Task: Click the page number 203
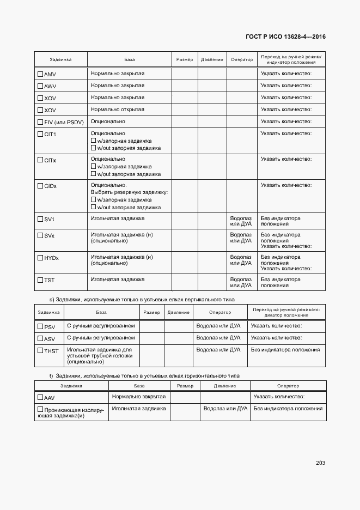coord(320,463)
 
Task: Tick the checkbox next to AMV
coord(40,74)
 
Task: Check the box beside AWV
coord(40,86)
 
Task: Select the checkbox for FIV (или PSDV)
coord(40,122)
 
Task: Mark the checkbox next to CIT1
coord(40,134)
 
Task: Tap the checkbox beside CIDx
coord(40,186)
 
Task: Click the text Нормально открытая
coord(117,110)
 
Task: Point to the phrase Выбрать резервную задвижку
coord(129,192)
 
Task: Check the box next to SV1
coord(40,219)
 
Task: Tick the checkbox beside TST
coord(40,280)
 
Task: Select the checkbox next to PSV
coord(40,326)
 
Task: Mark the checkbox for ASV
coord(40,338)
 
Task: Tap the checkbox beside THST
coord(40,350)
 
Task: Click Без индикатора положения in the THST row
coord(285,350)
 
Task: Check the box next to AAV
coord(40,398)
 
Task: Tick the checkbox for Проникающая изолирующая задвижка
coord(40,409)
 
